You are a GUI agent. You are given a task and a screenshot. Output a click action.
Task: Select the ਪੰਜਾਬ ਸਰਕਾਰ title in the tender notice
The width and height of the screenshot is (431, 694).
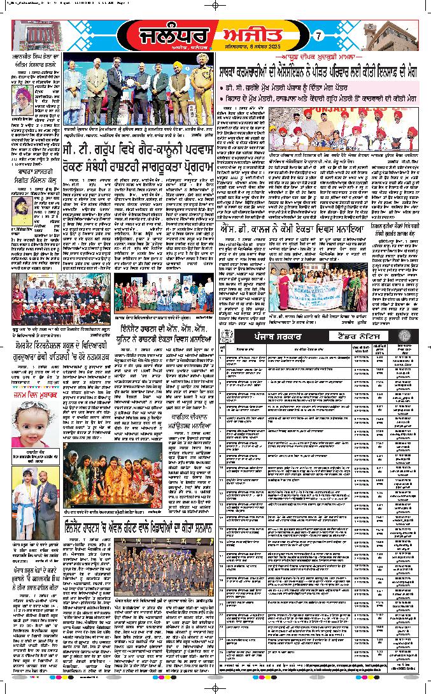(277, 336)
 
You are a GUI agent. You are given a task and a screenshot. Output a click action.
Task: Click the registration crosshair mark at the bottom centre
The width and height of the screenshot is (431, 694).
(216, 687)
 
